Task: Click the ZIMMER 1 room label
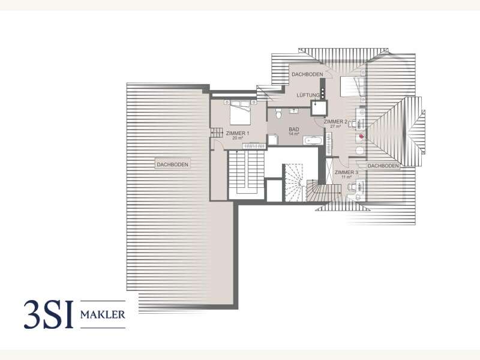[x=238, y=133]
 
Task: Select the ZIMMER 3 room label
[x=347, y=173]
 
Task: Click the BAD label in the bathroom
[x=294, y=129]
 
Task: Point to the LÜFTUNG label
[x=309, y=95]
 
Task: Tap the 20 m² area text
[x=237, y=138]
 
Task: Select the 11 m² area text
[x=347, y=178]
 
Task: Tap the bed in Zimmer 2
[x=351, y=88]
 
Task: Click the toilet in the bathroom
[x=277, y=114]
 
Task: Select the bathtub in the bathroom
[x=313, y=141]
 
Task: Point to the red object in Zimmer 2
[x=361, y=136]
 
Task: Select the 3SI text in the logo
[x=49, y=314]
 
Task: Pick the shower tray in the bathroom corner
[x=273, y=139]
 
